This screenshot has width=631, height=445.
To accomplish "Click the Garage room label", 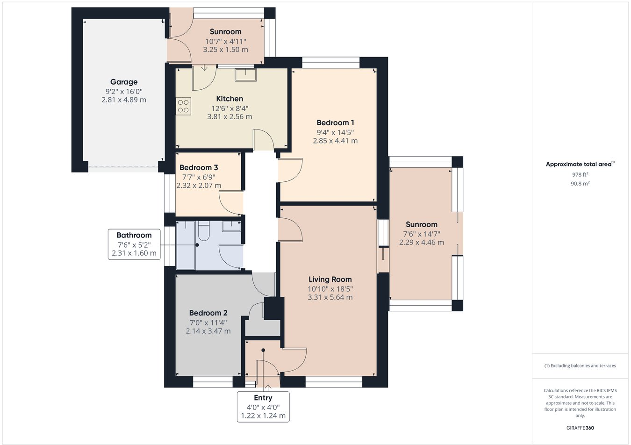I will click(x=124, y=82).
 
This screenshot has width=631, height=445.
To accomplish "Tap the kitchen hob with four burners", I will click(x=183, y=107).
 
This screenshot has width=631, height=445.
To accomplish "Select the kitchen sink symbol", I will click(x=245, y=75).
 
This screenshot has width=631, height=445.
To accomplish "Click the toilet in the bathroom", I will click(x=204, y=230).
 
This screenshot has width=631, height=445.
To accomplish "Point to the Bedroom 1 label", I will click(x=335, y=123).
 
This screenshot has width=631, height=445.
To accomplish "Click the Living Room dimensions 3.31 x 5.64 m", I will click(x=330, y=297).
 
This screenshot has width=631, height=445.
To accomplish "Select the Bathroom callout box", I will click(x=134, y=244).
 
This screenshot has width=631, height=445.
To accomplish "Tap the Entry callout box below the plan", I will click(x=263, y=407).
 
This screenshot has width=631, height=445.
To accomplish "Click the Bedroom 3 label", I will click(x=199, y=167).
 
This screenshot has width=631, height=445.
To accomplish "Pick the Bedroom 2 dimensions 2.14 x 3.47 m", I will click(x=208, y=331).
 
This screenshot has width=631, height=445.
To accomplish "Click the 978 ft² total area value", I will click(x=580, y=174).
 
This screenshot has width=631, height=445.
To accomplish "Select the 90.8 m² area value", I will click(x=580, y=184).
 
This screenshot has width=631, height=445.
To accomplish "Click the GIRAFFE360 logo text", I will click(x=580, y=428).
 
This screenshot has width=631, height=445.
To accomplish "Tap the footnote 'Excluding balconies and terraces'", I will click(x=580, y=366).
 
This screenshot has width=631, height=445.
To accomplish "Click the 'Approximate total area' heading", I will click(x=580, y=164).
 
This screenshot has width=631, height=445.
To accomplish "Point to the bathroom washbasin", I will click(x=231, y=226).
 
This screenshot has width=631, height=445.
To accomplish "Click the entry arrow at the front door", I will click(x=268, y=388).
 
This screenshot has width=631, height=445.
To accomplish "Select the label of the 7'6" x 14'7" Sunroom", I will click(x=422, y=224).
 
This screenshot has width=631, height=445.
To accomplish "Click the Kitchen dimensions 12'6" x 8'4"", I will click(x=229, y=108).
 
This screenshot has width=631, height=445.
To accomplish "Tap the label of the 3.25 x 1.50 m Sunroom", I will click(x=225, y=32).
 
